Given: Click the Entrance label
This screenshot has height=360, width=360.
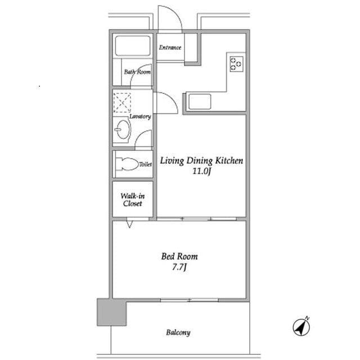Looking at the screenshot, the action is click(170, 47).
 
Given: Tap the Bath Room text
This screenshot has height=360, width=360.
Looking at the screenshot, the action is click(137, 72).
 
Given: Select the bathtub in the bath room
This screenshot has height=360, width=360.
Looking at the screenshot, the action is click(133, 46).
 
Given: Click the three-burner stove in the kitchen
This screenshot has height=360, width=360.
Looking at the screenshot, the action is click(236, 64).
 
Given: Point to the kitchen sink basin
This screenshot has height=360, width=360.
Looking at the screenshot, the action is click(200, 102).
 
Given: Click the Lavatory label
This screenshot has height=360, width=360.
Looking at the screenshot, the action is click(140, 116).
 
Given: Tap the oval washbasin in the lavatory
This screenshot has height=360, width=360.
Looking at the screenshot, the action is click(123, 129).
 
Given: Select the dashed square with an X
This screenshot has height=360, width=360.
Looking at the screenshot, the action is click(122, 102).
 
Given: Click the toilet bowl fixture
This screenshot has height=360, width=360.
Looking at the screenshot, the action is click(127, 164).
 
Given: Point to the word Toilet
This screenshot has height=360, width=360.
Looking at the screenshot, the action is click(146, 164).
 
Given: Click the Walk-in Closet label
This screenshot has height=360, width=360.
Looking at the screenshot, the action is click(133, 200).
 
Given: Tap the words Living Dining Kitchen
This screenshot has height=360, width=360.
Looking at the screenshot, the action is click(201, 161).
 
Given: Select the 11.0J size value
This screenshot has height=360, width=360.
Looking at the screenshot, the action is click(201, 172).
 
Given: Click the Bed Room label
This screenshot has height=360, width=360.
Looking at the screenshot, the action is click(179, 256).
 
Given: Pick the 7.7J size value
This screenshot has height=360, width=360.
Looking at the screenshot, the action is click(179, 267).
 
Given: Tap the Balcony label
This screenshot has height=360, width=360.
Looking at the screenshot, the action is click(178, 332).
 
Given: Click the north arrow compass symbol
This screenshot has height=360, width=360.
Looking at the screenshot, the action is click(301, 326).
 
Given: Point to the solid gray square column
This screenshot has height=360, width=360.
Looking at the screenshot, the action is click(112, 312).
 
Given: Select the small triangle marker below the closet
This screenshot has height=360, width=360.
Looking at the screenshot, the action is click(129, 224).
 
